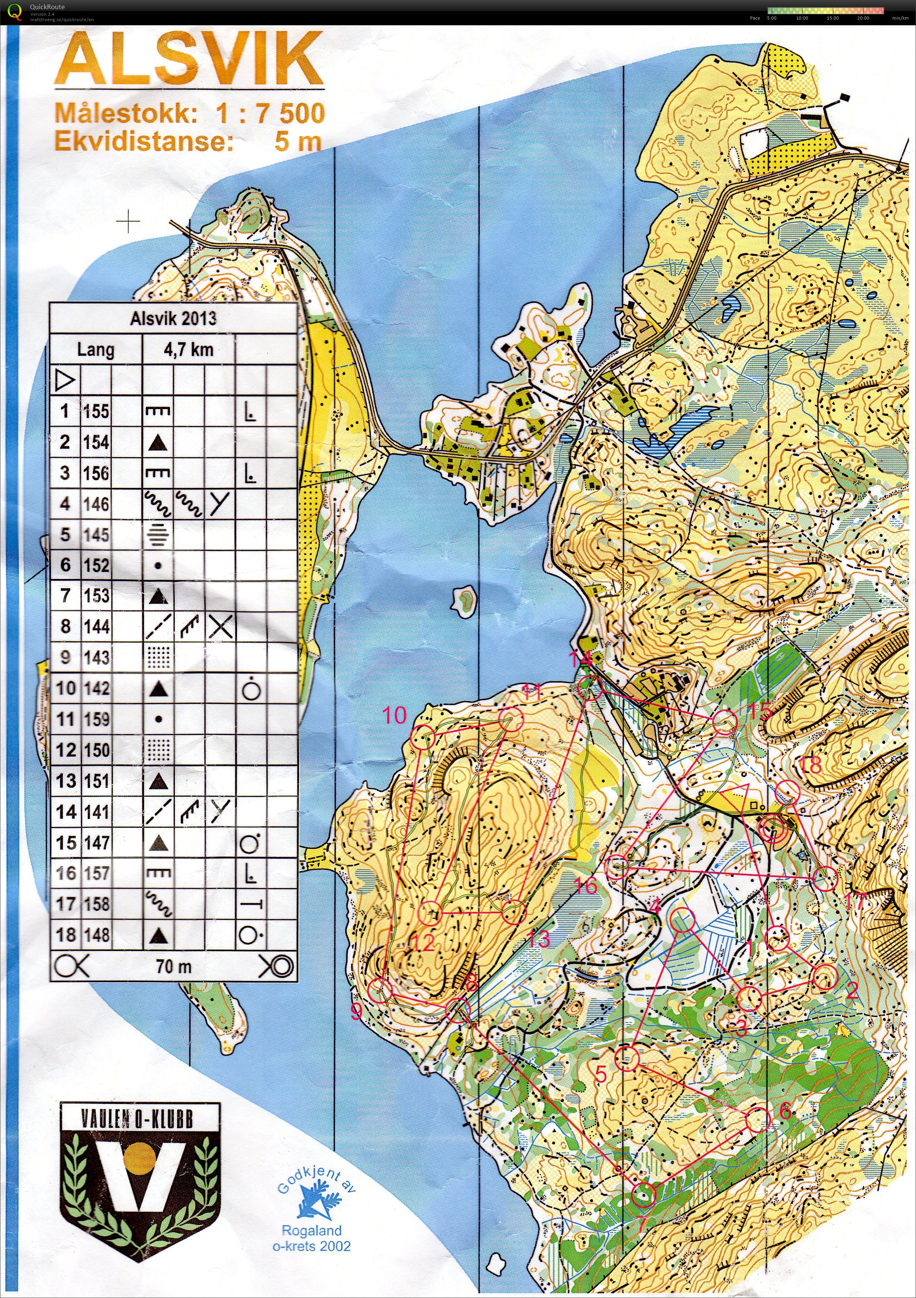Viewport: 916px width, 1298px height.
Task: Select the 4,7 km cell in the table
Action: coord(188,350)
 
